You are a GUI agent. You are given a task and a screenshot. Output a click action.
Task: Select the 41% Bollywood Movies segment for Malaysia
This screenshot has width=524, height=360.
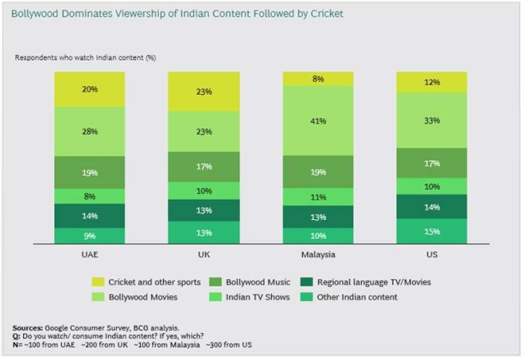point(318,120)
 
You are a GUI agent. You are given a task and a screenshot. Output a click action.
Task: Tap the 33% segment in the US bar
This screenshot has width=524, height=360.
point(431,120)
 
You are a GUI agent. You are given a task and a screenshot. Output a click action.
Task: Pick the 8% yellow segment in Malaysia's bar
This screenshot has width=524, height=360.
point(318,79)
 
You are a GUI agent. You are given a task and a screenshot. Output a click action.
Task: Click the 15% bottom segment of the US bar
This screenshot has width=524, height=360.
point(431,231)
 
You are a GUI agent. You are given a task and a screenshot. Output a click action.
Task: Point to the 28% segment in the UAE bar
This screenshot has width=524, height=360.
point(91,132)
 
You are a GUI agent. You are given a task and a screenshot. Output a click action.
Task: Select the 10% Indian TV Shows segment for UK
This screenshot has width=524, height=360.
point(205,190)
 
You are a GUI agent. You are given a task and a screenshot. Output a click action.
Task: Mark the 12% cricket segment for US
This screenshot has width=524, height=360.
point(431,82)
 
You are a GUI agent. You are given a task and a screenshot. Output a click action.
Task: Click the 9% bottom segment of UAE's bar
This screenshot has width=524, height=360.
point(91,236)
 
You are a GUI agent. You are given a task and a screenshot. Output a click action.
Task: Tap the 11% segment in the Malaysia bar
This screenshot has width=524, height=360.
point(318,197)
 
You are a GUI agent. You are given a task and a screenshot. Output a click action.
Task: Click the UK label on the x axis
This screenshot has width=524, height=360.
point(205,255)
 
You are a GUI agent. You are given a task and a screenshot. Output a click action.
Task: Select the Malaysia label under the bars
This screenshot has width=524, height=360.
point(318,255)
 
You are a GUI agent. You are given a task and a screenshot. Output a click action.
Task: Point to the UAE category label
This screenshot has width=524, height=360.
point(91,255)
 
